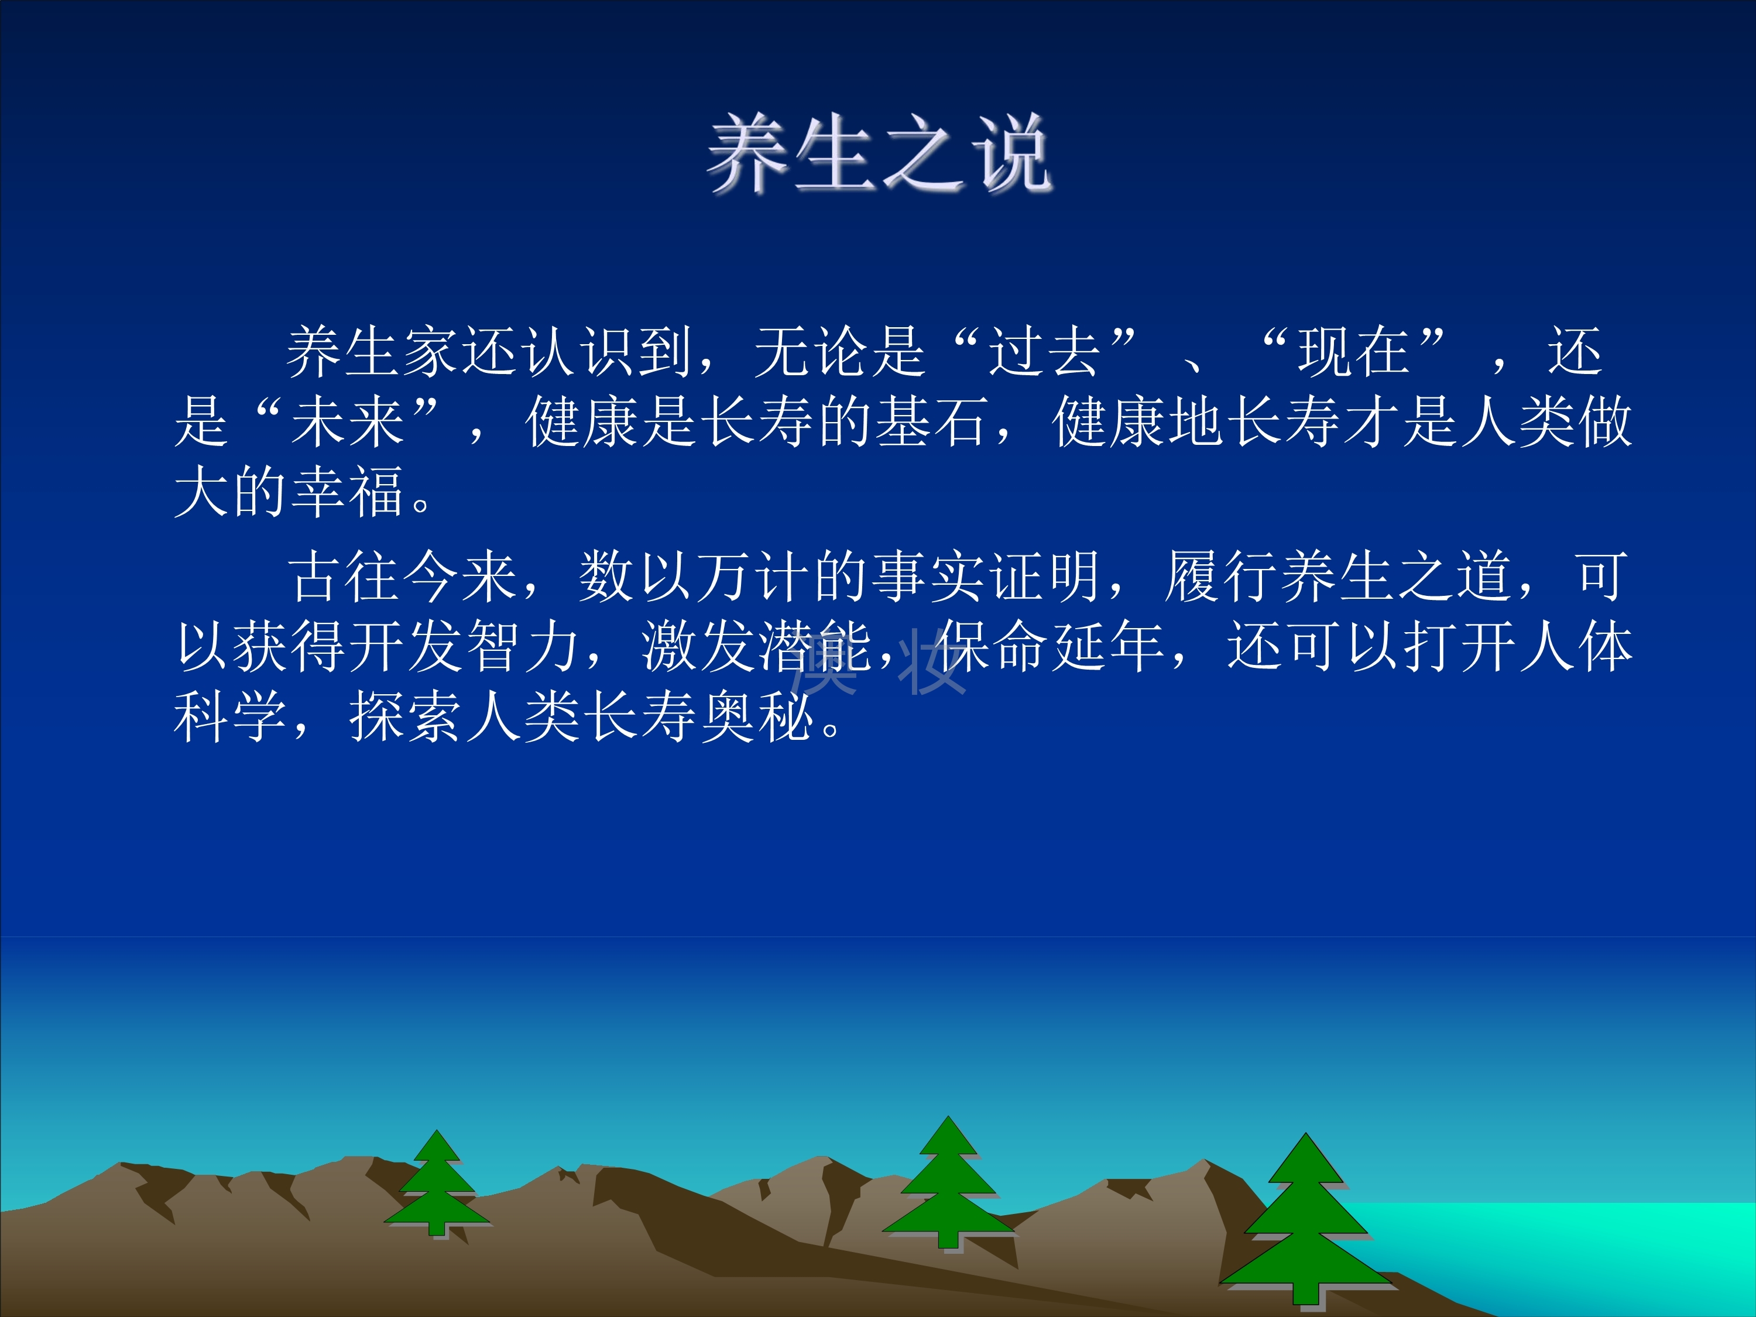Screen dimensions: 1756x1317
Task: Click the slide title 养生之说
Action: [880, 152]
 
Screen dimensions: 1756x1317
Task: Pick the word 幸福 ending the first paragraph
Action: [348, 492]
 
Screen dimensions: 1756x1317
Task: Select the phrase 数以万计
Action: [694, 575]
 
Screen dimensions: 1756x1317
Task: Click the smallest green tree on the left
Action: [437, 1183]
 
